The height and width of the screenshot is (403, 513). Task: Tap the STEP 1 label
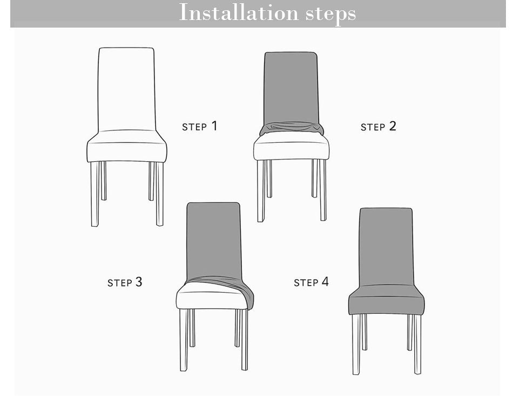pos(200,127)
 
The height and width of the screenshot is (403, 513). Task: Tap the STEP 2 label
pos(378,127)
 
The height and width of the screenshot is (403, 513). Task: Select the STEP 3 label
pos(125,282)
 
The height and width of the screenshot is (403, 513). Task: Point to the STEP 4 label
pos(311,282)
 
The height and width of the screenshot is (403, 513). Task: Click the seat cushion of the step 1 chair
pos(127,149)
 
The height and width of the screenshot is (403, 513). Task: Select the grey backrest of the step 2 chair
pos(291,87)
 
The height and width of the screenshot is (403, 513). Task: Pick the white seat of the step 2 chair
pos(292,149)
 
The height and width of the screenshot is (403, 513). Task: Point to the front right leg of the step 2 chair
pos(323,189)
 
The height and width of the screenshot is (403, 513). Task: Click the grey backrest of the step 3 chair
pos(213,238)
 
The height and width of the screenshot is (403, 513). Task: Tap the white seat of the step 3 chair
pos(211,299)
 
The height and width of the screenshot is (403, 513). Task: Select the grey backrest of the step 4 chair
pos(386,246)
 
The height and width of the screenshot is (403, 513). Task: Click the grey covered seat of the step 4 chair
pos(386,303)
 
